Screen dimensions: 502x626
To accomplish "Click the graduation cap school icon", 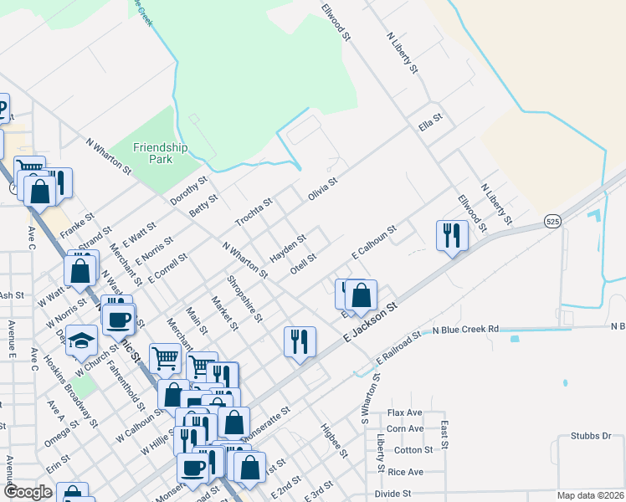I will click(x=81, y=341).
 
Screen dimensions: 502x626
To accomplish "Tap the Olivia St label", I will click(x=322, y=188).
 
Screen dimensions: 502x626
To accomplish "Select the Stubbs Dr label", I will click(x=595, y=436).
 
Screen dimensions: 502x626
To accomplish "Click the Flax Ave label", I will click(x=405, y=413).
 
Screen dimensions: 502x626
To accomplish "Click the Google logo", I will click(x=28, y=492).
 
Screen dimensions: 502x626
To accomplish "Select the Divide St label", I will click(x=393, y=494).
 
